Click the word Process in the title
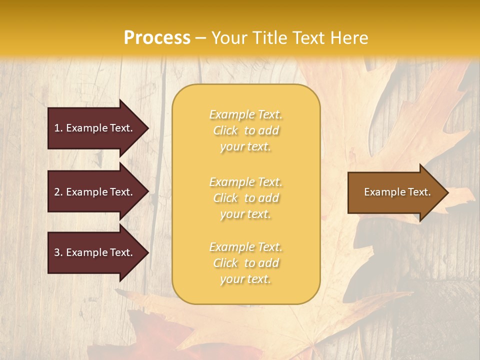click(x=157, y=38)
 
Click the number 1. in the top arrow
click(x=58, y=128)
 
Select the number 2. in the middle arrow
click(x=58, y=192)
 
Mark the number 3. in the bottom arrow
click(x=58, y=252)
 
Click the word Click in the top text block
click(x=225, y=131)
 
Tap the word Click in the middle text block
click(x=225, y=198)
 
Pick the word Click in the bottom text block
click(x=225, y=263)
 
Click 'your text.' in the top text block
click(x=245, y=147)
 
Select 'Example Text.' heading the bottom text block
click(x=245, y=247)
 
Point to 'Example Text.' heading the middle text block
click(x=245, y=182)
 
